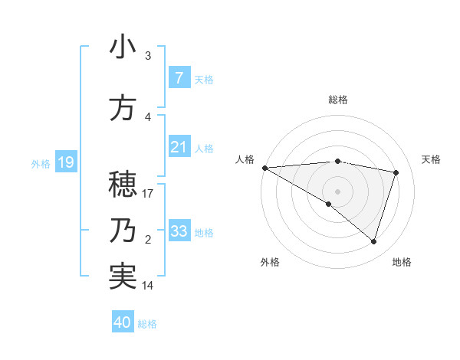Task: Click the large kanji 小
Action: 123,47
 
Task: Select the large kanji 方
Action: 123,108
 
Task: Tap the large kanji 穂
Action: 123,184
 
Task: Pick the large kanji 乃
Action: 123,230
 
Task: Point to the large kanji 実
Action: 123,276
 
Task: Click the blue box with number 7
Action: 179,77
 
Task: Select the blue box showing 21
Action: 179,147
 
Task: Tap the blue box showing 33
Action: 179,231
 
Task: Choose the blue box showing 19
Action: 65,162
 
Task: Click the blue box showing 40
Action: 123,322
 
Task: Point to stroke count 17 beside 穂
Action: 148,194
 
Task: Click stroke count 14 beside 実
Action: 148,286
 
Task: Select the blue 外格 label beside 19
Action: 41,163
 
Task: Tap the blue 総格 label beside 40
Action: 147,323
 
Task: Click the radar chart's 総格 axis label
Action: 337,100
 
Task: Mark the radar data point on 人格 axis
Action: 264,167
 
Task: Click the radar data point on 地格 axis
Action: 373,241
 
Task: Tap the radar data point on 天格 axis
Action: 396,172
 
